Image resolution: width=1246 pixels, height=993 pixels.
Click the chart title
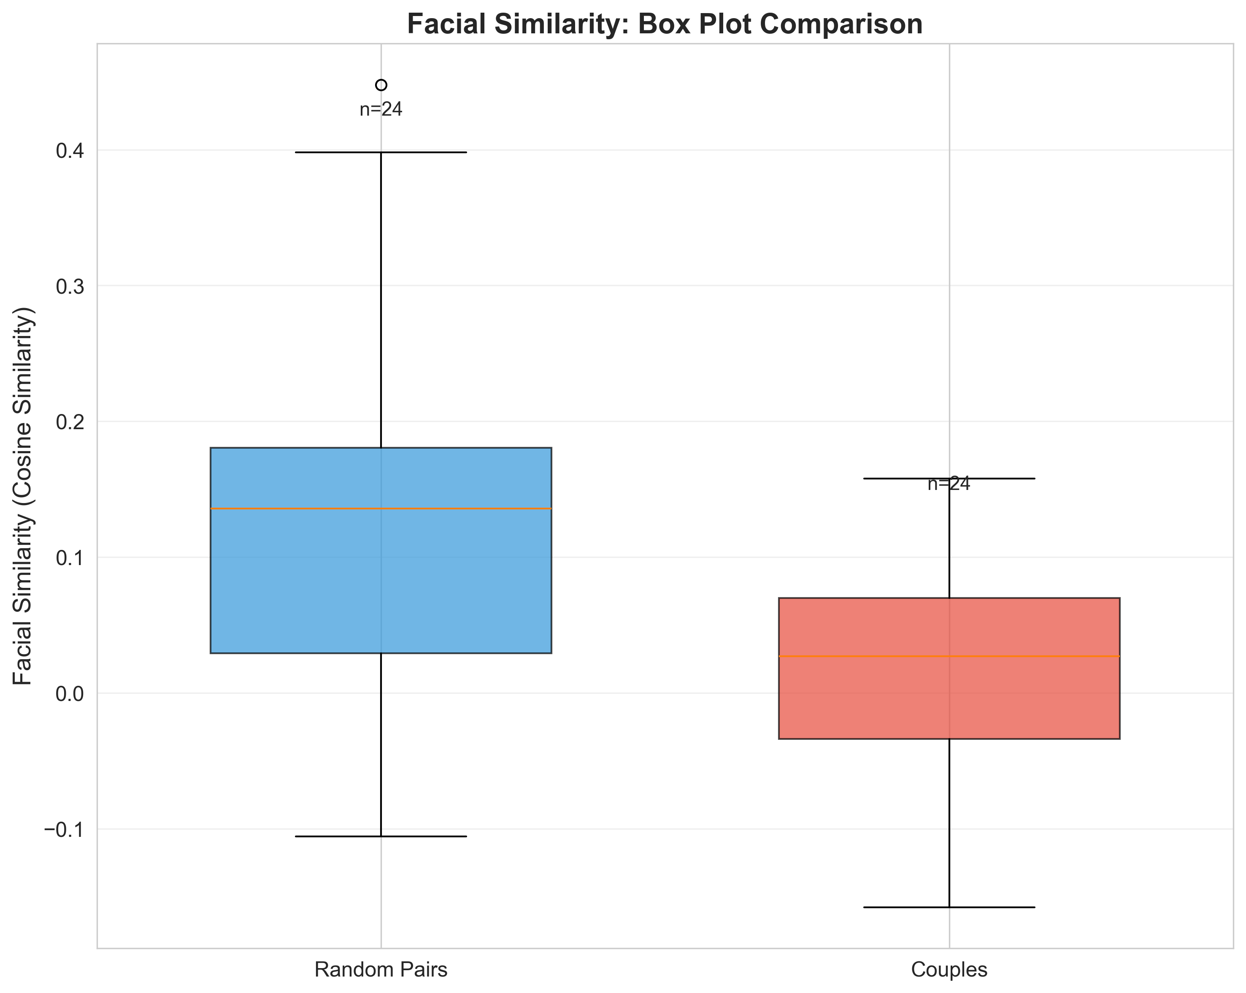tap(664, 24)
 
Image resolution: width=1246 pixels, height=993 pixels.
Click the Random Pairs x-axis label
tap(381, 970)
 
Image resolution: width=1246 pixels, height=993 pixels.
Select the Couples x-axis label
tap(949, 970)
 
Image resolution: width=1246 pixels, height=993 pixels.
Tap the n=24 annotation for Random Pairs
tap(381, 110)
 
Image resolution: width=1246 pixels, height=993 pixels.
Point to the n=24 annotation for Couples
tap(949, 485)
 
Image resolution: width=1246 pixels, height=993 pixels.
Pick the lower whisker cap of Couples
tap(949, 907)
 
